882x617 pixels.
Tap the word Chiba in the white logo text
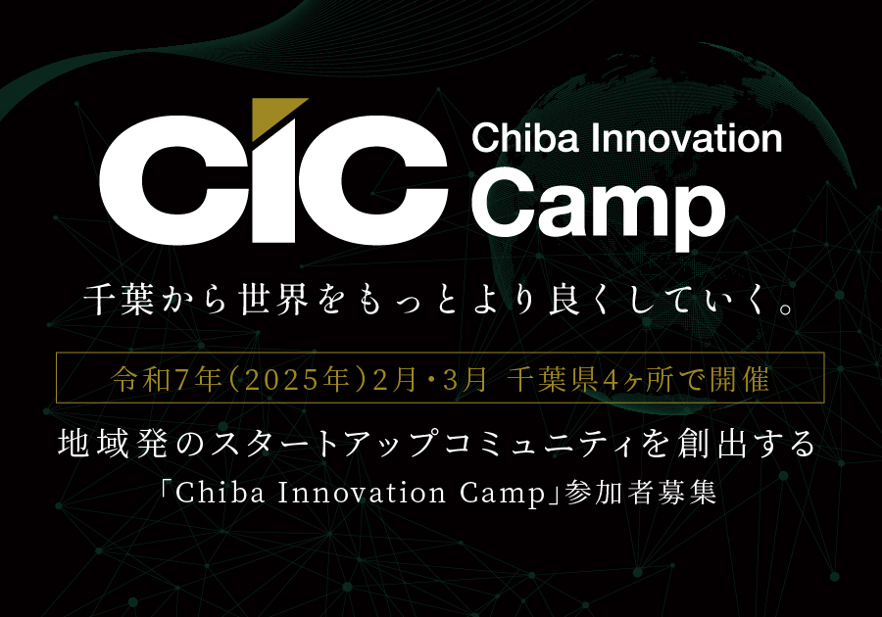(525, 138)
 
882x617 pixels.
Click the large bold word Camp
(598, 207)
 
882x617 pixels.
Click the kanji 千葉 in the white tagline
(119, 299)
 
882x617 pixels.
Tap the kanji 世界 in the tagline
(273, 299)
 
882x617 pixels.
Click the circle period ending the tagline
(787, 308)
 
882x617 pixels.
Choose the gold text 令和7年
(167, 379)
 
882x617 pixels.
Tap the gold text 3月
(465, 380)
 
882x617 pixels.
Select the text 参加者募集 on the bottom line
(641, 493)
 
